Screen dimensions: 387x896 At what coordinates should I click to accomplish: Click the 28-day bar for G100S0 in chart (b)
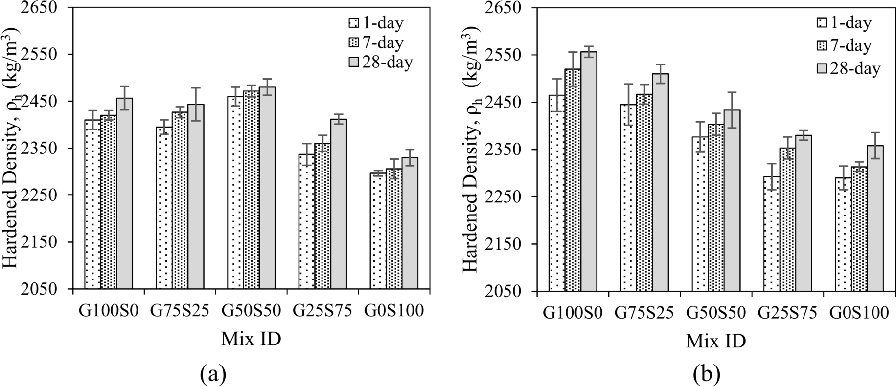589,171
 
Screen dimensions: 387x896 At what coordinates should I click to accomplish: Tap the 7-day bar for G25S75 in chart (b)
787,220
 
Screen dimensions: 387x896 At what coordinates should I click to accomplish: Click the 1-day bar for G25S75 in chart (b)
772,235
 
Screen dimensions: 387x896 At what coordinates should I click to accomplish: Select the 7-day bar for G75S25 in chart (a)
180,200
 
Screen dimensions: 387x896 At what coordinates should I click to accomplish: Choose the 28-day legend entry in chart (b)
849,68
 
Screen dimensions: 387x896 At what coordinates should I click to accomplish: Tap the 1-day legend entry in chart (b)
844,23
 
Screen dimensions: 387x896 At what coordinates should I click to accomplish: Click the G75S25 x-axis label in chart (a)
180,311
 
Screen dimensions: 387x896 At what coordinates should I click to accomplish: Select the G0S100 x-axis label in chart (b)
859,313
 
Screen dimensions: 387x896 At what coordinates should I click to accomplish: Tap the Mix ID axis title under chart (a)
251,339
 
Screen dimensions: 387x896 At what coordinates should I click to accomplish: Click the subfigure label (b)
707,374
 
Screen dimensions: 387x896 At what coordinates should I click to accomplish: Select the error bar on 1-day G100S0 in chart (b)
557,95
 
